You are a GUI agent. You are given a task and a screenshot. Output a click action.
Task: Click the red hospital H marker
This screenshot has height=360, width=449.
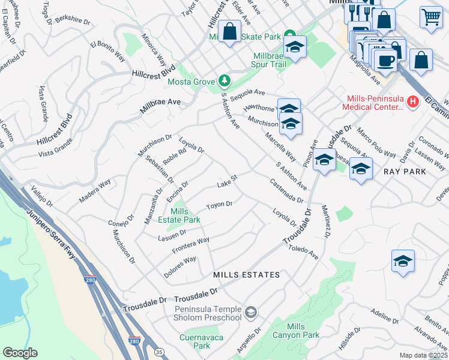[412, 102]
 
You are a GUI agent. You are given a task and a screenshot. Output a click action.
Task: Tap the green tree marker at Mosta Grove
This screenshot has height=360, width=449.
[224, 80]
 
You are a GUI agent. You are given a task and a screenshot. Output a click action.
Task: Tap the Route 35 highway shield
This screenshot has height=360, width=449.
[159, 352]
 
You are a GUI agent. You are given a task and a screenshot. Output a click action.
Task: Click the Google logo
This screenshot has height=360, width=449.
[20, 353]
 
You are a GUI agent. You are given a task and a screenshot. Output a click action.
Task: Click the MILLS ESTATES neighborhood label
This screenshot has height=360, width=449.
[246, 275]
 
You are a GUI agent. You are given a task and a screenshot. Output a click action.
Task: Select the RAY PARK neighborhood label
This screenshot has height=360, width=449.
[405, 172]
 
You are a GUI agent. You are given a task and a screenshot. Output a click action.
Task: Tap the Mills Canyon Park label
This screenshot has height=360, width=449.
[303, 331]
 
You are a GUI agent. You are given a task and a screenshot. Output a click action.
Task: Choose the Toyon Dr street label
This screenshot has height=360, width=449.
[218, 206]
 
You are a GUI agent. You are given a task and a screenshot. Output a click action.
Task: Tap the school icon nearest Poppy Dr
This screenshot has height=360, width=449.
[403, 261]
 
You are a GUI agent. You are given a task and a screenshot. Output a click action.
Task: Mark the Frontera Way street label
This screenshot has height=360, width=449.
[190, 245]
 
